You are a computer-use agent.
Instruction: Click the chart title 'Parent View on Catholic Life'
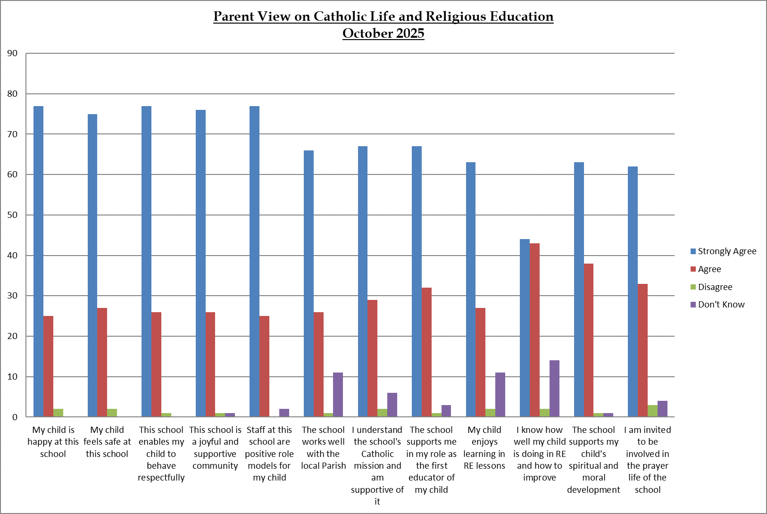[383, 17]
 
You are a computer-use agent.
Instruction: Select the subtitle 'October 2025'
[383, 33]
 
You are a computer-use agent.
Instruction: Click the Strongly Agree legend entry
[726, 251]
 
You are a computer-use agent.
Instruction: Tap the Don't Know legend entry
[721, 305]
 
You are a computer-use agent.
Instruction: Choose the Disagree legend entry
[715, 287]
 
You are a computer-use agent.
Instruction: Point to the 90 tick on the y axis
[12, 53]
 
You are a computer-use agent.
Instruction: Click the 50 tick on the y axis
[12, 215]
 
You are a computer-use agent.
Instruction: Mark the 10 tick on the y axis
[12, 377]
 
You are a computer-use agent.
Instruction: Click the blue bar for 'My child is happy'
[39, 262]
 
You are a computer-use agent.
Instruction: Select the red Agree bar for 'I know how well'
[534, 330]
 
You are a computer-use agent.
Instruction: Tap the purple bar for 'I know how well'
[554, 389]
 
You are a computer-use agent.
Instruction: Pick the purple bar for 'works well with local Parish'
[338, 395]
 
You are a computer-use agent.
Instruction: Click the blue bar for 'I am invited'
[633, 292]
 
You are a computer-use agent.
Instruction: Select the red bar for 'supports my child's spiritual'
[589, 340]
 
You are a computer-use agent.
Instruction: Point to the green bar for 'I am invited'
[652, 411]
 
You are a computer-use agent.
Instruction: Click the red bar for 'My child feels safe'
[102, 362]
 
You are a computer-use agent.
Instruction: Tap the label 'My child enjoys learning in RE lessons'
[484, 448]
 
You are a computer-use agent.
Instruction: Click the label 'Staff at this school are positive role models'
[269, 453]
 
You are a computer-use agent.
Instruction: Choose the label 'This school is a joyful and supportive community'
[215, 448]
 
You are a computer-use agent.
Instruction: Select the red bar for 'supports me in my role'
[426, 352]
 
